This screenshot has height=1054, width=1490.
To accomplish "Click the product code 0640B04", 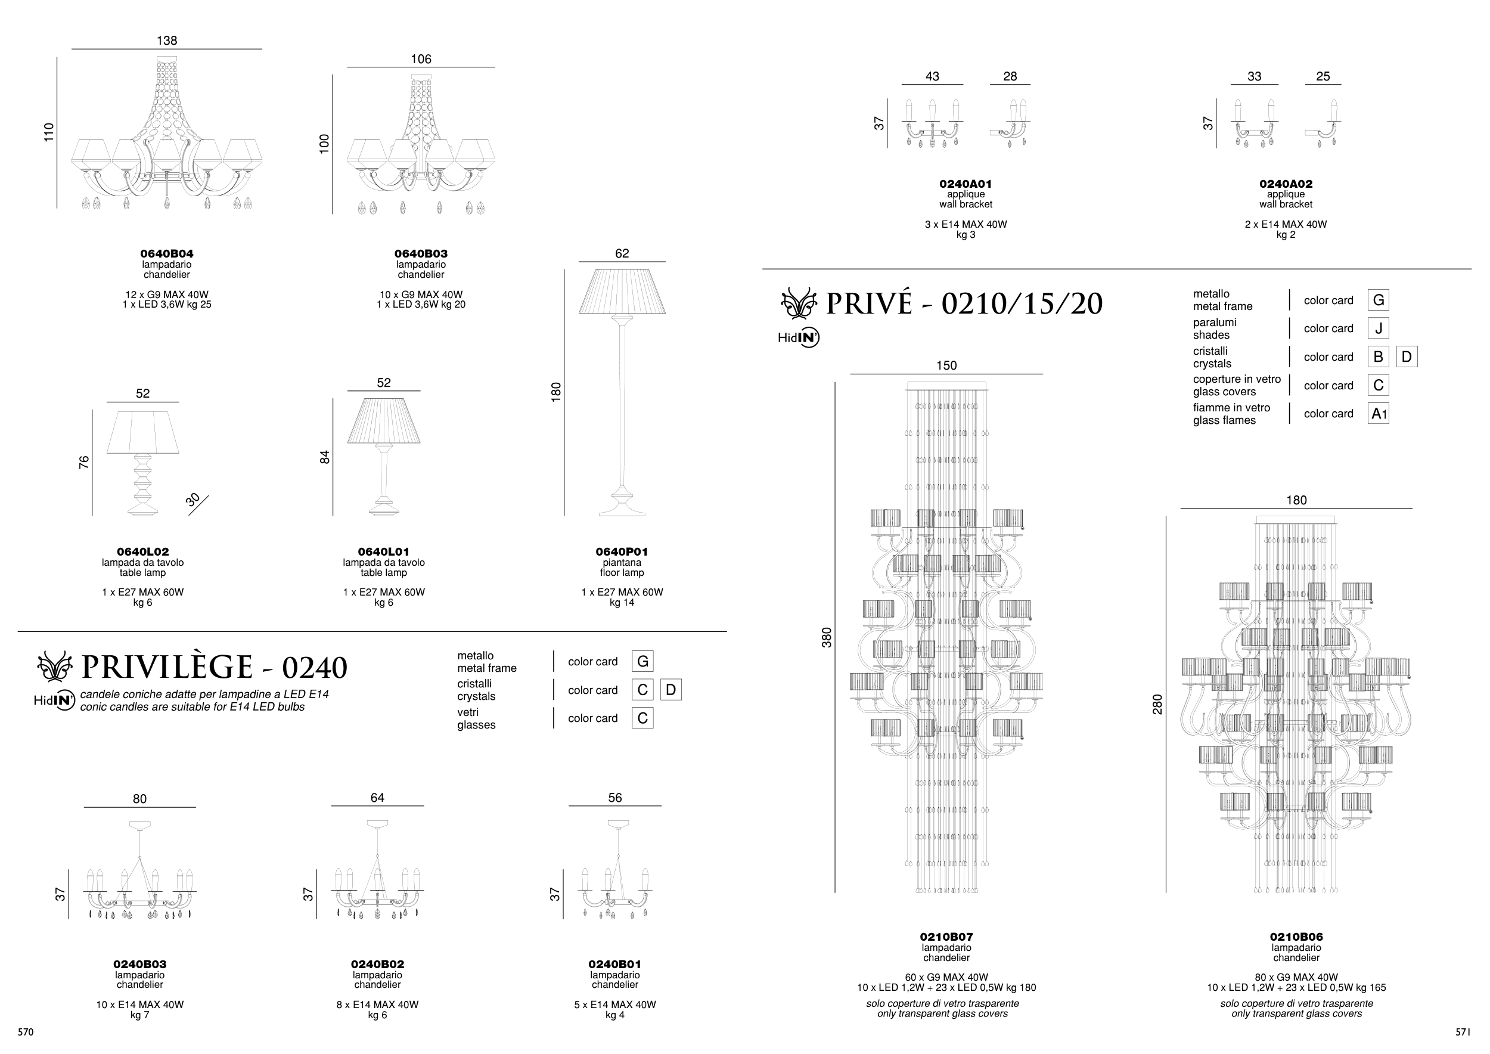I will click(x=167, y=254).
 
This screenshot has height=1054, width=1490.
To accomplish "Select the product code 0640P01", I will click(x=622, y=551).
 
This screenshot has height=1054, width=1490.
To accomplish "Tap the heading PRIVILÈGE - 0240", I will click(x=214, y=667).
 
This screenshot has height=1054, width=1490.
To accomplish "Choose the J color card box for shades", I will click(x=1378, y=328).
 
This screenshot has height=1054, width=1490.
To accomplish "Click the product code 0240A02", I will click(x=1286, y=184).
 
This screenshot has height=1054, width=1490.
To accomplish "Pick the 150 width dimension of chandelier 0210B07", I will click(x=946, y=365).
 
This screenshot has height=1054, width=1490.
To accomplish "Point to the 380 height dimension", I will click(x=827, y=637).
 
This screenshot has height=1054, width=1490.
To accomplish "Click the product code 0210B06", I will click(x=1296, y=937).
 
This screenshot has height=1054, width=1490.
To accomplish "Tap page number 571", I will click(x=1462, y=1032).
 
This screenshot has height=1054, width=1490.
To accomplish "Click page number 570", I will click(x=26, y=1032).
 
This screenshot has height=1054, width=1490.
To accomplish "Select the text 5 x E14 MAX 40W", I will click(x=614, y=1005).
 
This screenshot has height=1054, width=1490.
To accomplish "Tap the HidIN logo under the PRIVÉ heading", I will click(x=798, y=337).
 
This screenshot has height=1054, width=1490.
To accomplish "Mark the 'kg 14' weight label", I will click(x=622, y=602).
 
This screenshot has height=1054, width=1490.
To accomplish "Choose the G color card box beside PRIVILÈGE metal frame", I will click(x=642, y=661).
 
